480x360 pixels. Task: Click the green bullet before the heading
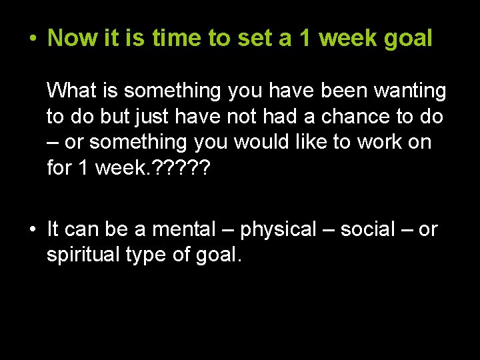tap(32, 39)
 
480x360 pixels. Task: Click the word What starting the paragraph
tap(74, 89)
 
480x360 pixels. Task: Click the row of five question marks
tap(182, 168)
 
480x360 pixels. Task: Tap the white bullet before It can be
tap(31, 230)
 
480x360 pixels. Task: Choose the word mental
tap(184, 230)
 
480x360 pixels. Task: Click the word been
tap(323, 90)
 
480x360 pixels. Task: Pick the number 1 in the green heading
tap(305, 38)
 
